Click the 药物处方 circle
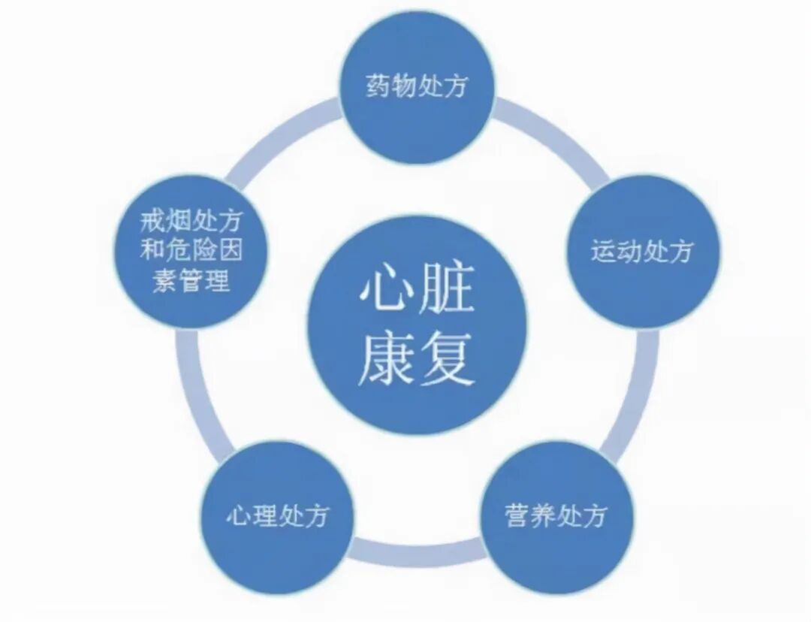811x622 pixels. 417,86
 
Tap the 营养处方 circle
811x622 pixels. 556,517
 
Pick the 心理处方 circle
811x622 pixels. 278,517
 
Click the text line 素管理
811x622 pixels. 191,282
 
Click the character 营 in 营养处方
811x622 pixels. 518,517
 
